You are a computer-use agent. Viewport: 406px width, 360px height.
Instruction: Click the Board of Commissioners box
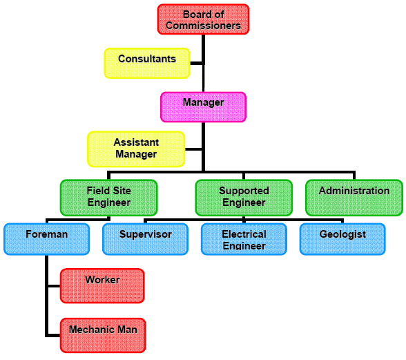coord(203,19)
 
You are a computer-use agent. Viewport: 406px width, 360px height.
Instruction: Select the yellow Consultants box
coord(147,64)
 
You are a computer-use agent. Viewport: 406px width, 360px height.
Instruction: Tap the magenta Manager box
coord(203,107)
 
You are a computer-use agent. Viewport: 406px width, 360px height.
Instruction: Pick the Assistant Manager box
coord(136,149)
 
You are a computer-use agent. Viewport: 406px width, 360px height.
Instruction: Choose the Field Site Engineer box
coord(109,198)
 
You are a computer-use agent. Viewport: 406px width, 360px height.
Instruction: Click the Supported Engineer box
coord(244,198)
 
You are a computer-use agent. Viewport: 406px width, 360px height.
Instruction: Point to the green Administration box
coord(354,198)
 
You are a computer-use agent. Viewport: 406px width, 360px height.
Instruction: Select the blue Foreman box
coord(47,239)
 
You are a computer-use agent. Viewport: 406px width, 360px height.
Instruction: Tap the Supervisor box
coord(145,239)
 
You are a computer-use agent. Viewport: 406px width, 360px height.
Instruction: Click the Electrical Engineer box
coord(244,239)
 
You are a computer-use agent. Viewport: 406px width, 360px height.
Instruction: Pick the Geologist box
coord(342,239)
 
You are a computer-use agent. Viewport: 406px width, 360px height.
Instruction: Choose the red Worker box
coord(102,286)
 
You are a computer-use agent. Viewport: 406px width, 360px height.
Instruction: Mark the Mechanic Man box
coord(103,335)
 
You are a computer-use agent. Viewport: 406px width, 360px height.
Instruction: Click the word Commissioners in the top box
coord(203,26)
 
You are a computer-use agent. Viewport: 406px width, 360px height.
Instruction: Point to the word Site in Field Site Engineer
coord(122,191)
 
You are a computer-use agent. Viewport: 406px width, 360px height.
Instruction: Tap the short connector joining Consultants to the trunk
coord(196,64)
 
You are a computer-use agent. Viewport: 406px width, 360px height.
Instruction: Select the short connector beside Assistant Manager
coord(193,149)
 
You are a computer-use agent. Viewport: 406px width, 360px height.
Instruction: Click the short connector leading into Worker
coord(54,286)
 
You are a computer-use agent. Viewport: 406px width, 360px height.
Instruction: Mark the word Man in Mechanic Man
coord(127,330)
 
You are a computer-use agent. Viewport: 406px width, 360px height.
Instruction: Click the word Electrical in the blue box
coord(244,234)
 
